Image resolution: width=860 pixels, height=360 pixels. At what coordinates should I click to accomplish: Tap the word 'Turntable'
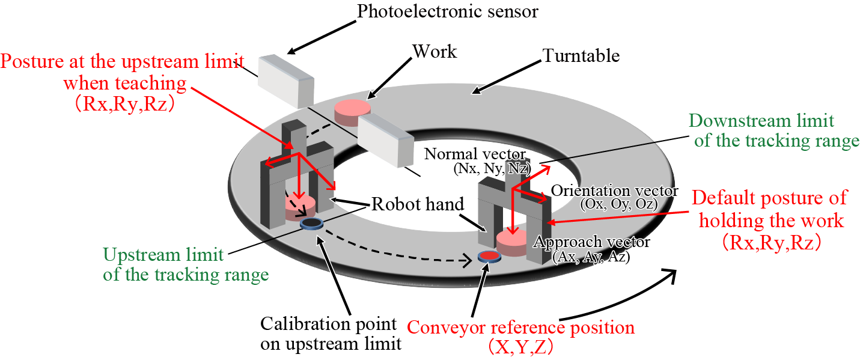pyautogui.click(x=581, y=56)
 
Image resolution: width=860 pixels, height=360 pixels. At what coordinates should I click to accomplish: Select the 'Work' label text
pyautogui.click(x=434, y=51)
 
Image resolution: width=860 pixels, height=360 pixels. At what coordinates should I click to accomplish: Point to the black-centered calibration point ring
pyautogui.click(x=311, y=224)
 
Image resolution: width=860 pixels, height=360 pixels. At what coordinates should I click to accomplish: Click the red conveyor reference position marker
pyautogui.click(x=489, y=257)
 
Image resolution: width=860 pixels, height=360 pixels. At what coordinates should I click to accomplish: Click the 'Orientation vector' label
pyautogui.click(x=614, y=191)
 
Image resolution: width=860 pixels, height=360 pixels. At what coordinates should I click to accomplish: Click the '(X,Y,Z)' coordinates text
pyautogui.click(x=520, y=348)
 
